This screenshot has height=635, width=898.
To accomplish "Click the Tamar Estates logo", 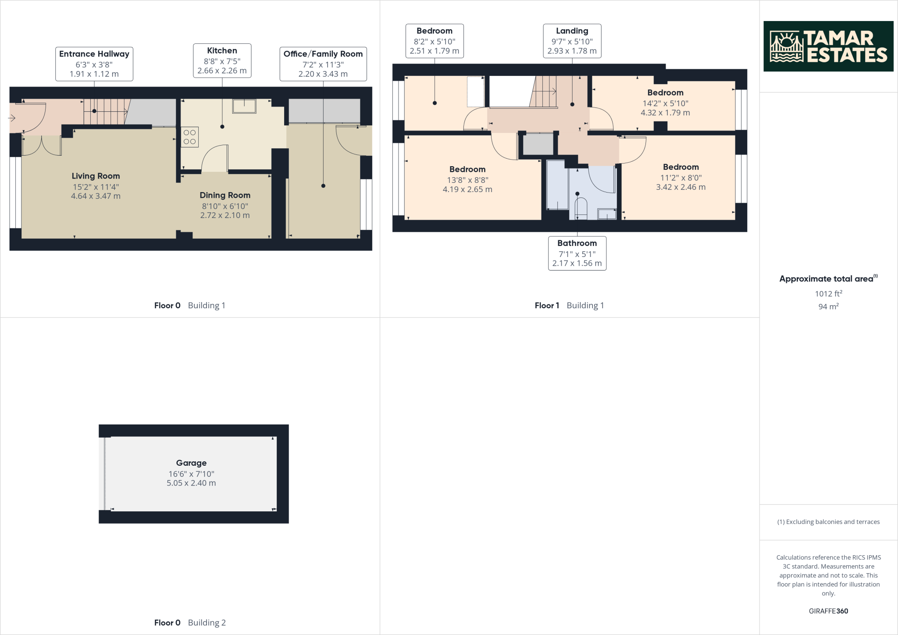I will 828,46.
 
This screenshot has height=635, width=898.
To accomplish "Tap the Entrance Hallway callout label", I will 94,64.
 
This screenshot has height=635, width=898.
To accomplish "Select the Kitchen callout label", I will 222,61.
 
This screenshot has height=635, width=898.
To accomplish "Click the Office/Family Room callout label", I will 323,64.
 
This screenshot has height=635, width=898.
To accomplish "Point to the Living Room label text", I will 96,176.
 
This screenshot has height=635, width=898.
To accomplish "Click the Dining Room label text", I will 225,195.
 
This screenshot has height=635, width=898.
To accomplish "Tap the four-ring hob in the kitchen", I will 190,136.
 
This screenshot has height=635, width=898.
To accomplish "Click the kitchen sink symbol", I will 244,106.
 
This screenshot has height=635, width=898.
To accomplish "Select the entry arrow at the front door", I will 12,118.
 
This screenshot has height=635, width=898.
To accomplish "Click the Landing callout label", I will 572,41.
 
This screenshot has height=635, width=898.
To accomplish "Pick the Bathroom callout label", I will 577,253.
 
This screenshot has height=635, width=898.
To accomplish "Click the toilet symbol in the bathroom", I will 581,208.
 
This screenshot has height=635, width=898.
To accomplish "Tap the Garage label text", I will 191,463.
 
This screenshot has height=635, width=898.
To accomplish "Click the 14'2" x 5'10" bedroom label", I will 665,103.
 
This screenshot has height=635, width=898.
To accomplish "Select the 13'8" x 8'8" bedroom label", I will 467,179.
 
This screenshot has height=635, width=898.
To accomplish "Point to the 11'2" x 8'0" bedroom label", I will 681,177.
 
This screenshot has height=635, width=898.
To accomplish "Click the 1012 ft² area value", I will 828,294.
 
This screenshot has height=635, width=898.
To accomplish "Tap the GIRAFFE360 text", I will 828,611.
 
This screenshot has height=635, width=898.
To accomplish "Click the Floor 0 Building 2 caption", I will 190,622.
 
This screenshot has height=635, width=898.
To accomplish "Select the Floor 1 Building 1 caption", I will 569,305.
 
